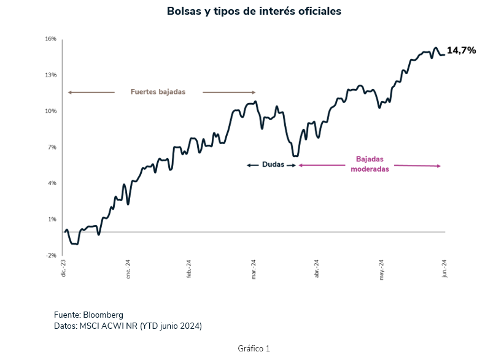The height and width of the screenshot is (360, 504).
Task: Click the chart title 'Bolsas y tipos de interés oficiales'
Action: point(254,12)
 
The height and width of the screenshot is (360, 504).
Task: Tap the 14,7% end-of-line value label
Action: point(461,50)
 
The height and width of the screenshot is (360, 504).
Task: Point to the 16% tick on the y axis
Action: point(50,39)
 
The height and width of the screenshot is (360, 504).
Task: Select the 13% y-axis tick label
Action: point(50,75)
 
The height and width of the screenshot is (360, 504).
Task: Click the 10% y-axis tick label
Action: point(50,111)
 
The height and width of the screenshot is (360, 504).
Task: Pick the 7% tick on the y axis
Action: point(52,147)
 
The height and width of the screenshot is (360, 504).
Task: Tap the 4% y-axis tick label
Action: point(52,183)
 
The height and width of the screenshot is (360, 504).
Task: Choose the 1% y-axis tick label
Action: point(52,220)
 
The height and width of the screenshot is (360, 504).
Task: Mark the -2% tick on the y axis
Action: point(50,256)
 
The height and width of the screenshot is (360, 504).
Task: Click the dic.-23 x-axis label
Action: point(63,269)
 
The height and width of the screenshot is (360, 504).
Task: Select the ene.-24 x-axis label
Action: point(128,269)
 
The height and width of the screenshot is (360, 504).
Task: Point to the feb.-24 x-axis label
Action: point(190,269)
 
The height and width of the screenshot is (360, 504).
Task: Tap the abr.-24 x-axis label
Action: point(317,269)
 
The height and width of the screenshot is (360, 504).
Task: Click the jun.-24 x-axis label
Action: point(444,269)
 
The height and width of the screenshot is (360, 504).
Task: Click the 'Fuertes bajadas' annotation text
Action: point(158,92)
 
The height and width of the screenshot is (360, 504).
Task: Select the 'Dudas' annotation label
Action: point(273,165)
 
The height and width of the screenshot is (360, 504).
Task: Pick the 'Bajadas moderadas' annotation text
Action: point(370,164)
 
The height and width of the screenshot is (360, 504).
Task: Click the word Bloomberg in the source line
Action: point(103,315)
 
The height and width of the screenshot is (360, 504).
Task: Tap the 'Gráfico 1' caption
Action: point(254,348)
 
